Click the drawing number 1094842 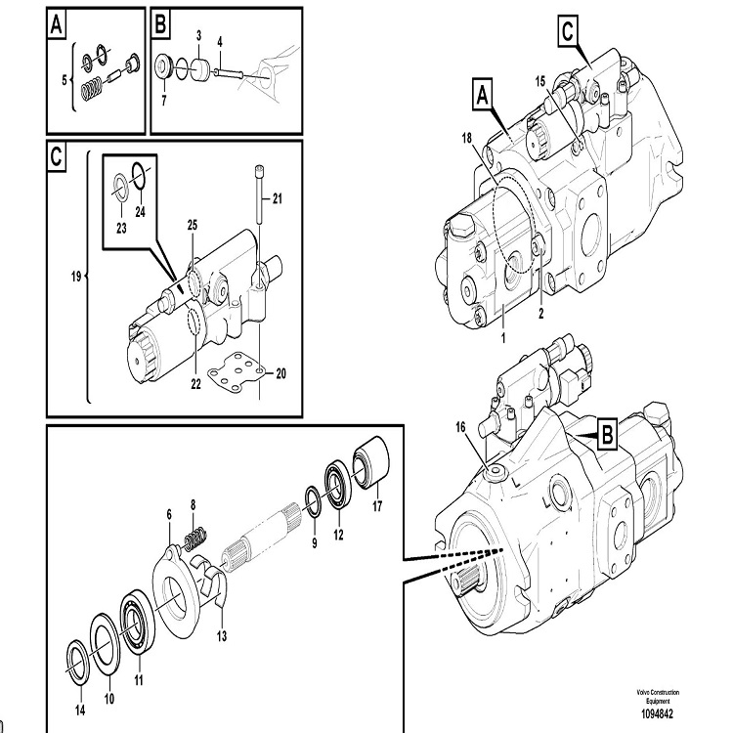(x=657, y=713)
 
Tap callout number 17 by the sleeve (x=377, y=506)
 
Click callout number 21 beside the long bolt (x=278, y=199)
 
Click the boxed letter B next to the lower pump (x=607, y=435)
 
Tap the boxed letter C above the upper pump (x=568, y=31)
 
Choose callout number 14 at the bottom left (x=80, y=711)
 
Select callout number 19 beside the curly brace (x=75, y=277)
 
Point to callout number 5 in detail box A (x=65, y=80)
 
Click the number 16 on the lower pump (x=460, y=427)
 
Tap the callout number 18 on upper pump (x=466, y=139)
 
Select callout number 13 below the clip (x=222, y=636)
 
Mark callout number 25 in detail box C (x=193, y=226)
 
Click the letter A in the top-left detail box (x=57, y=24)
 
